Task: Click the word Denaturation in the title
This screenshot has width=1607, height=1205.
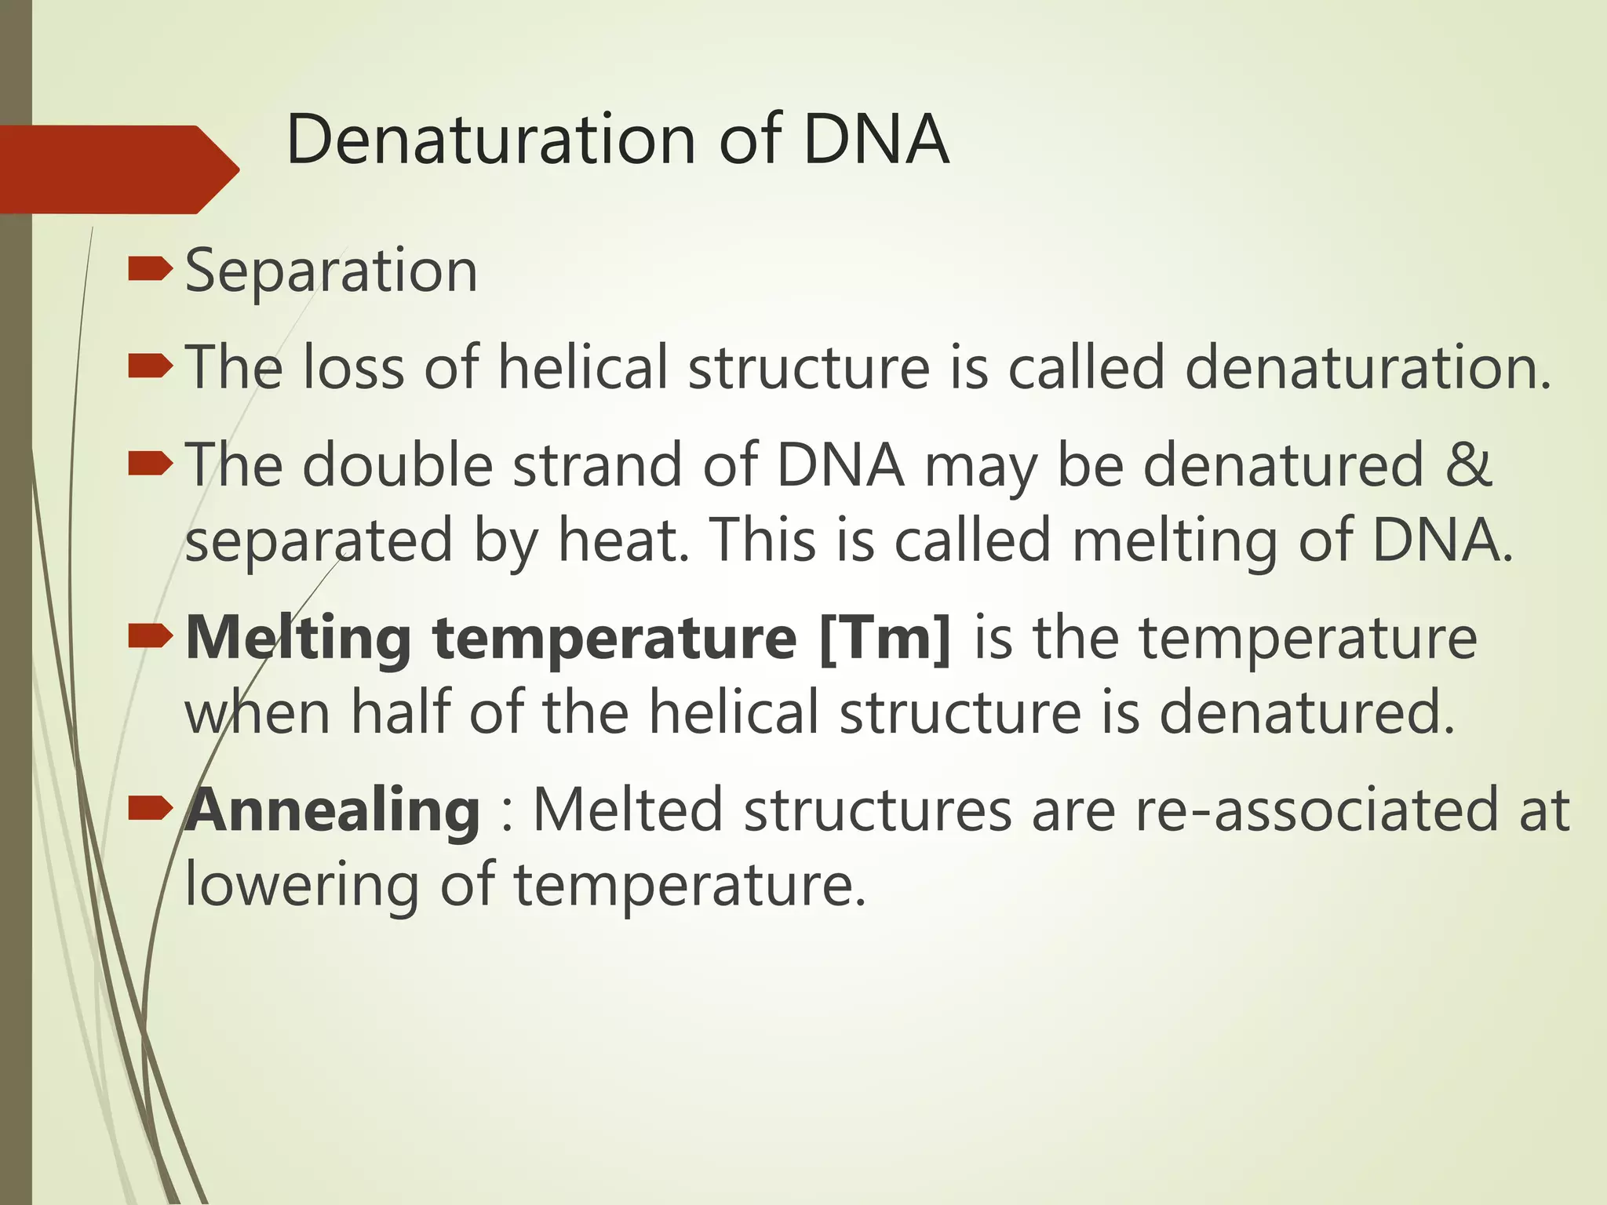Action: (x=491, y=140)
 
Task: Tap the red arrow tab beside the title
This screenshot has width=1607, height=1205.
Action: (x=118, y=169)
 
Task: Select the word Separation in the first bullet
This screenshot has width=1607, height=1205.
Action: (x=331, y=271)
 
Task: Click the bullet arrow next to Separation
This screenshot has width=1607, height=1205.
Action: (x=149, y=270)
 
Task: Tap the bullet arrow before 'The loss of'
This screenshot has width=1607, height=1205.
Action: (x=149, y=366)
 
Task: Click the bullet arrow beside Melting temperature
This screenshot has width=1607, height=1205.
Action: (x=149, y=636)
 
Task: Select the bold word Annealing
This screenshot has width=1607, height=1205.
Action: (x=333, y=810)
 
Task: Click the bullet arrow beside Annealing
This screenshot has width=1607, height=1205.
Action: (x=149, y=807)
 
